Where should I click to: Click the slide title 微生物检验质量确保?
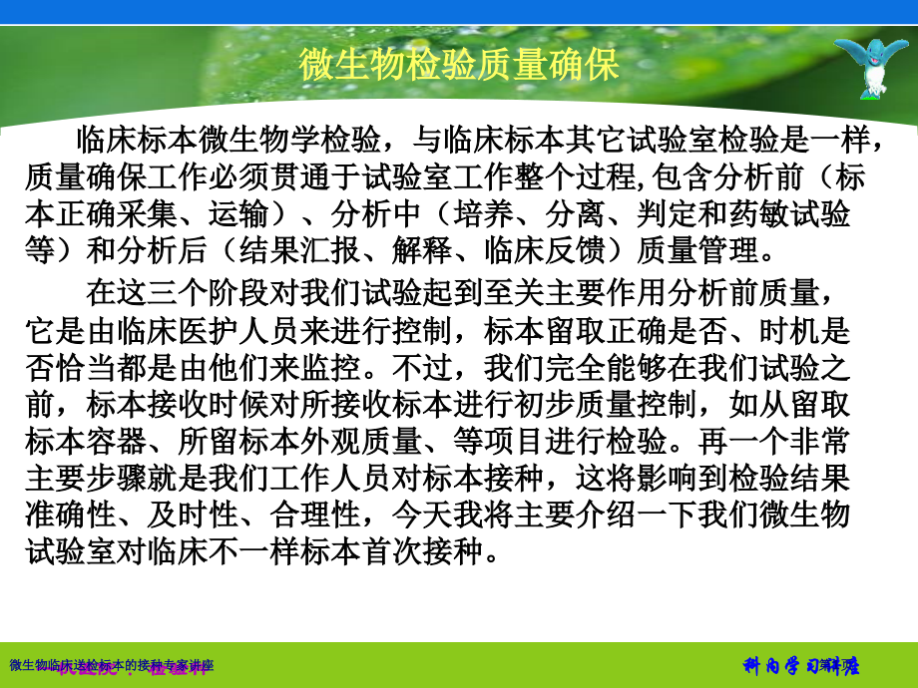(459, 65)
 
